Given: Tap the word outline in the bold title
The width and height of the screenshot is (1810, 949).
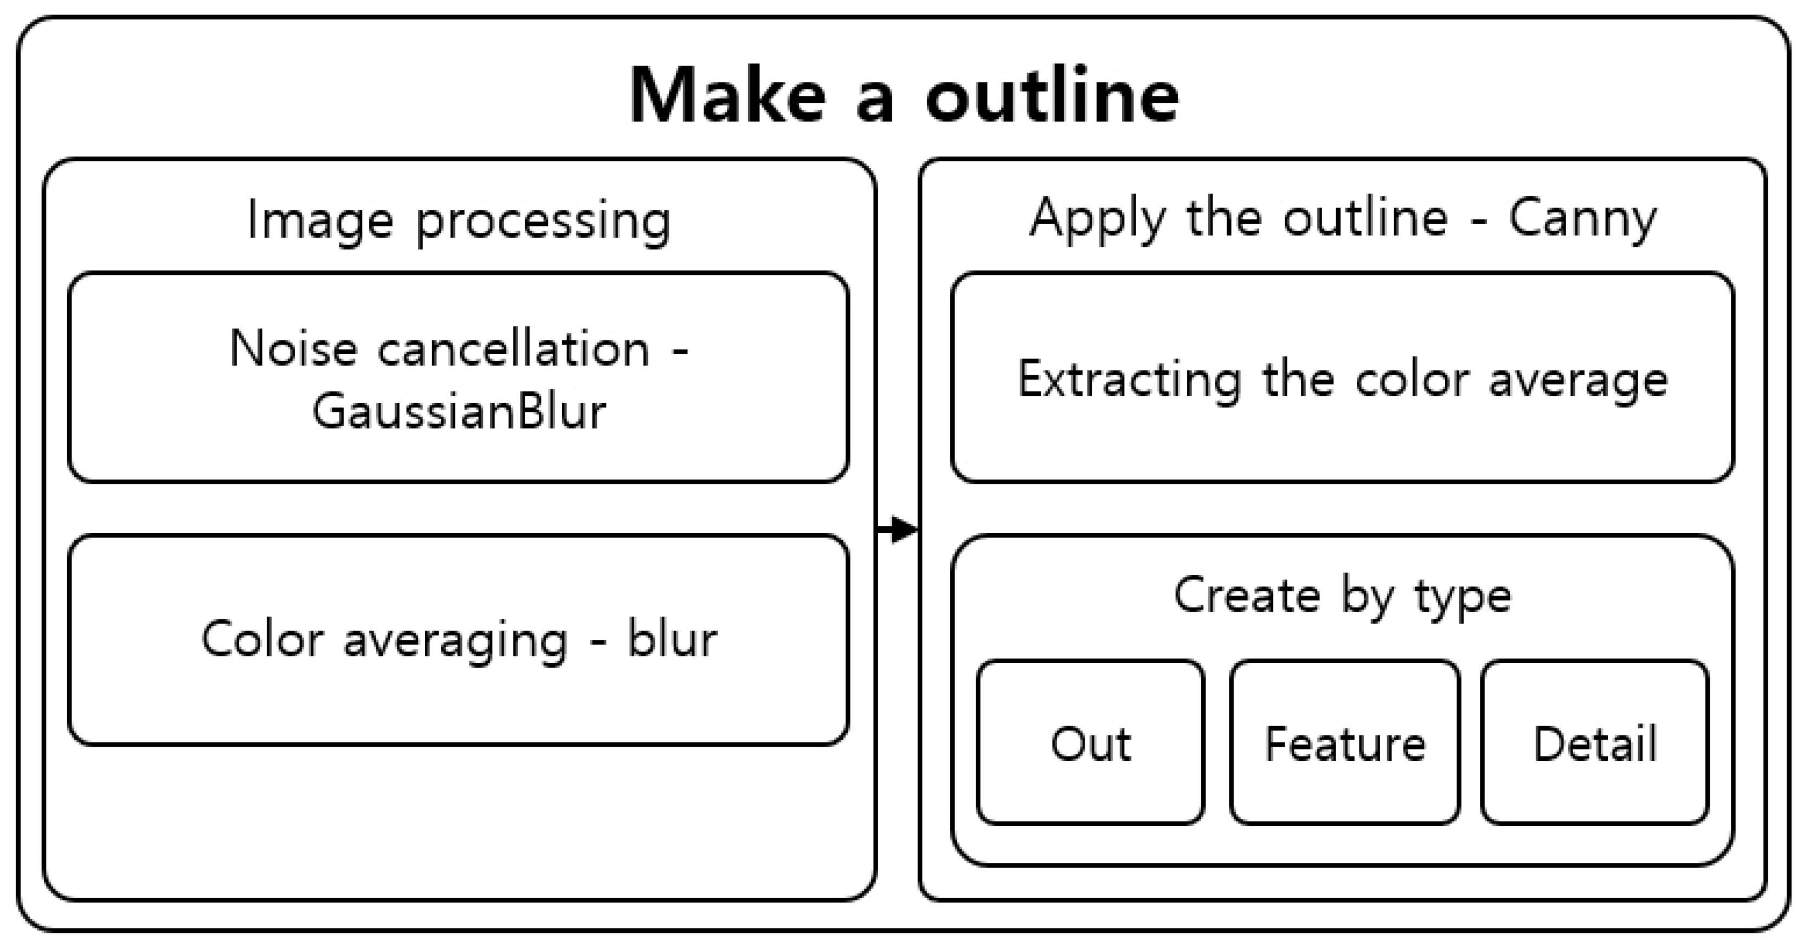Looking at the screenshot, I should [1051, 97].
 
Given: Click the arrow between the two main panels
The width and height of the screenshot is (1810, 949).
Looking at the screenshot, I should [899, 529].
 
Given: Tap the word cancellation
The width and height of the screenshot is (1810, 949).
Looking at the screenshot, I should [514, 349].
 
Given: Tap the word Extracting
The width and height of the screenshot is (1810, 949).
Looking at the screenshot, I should [1129, 380].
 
